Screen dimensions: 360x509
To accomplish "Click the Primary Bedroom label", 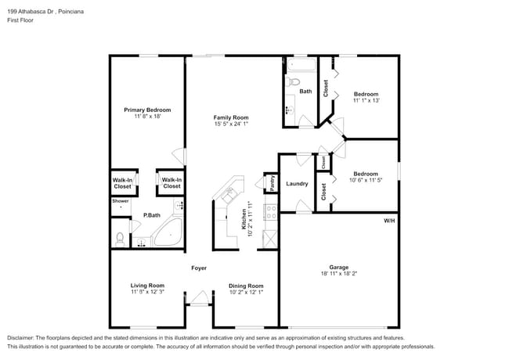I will (x=147, y=110).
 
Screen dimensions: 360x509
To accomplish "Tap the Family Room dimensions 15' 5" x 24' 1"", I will (x=231, y=124).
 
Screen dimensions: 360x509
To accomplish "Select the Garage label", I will (x=338, y=266).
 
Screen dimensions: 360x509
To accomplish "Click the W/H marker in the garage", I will (x=389, y=221).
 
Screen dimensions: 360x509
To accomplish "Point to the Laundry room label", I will (x=297, y=184).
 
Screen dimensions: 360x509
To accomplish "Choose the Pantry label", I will (x=272, y=182).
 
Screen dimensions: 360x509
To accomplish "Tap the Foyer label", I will (x=199, y=268).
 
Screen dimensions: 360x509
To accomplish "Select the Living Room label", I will (x=147, y=286).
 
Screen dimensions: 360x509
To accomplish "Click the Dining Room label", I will (x=246, y=286).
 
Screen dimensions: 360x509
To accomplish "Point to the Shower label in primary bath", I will (x=120, y=201).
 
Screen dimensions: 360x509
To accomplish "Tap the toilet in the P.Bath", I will (x=119, y=237).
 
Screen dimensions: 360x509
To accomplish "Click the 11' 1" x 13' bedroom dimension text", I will (x=366, y=100).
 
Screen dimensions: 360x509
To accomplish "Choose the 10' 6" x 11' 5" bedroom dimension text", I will (x=366, y=180).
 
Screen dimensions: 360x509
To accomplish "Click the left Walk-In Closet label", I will (x=122, y=183).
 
